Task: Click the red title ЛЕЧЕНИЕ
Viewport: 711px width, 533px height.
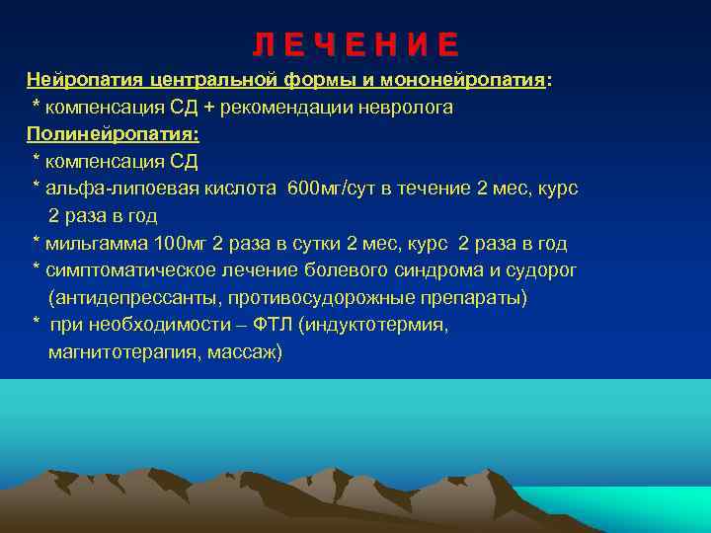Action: coord(355,45)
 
